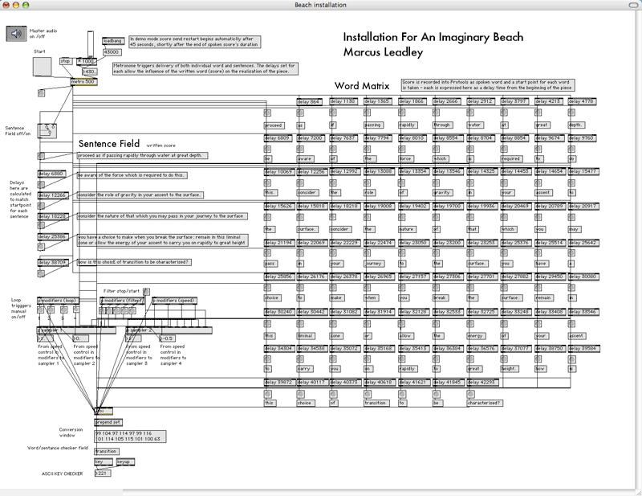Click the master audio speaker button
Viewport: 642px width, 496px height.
[x=17, y=33]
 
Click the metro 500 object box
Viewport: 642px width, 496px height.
[x=83, y=81]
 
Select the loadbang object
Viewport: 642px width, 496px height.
[x=112, y=40]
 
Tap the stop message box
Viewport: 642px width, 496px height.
[x=66, y=60]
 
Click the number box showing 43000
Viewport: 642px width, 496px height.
[x=112, y=51]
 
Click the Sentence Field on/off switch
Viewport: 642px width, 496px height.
[x=50, y=126]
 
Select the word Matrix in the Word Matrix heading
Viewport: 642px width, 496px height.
[x=384, y=86]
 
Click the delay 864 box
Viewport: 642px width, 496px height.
[x=309, y=102]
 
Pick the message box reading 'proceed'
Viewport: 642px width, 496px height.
[x=274, y=125]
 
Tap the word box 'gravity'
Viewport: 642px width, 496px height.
[x=443, y=193]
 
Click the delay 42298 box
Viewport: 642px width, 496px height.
[x=481, y=382]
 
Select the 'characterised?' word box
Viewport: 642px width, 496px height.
[x=484, y=403]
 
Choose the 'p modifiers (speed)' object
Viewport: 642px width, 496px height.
[x=175, y=301]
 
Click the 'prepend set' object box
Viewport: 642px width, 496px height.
[x=108, y=421]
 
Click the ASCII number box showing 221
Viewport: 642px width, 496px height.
[x=101, y=473]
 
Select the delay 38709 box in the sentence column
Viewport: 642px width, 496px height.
[x=53, y=262]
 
